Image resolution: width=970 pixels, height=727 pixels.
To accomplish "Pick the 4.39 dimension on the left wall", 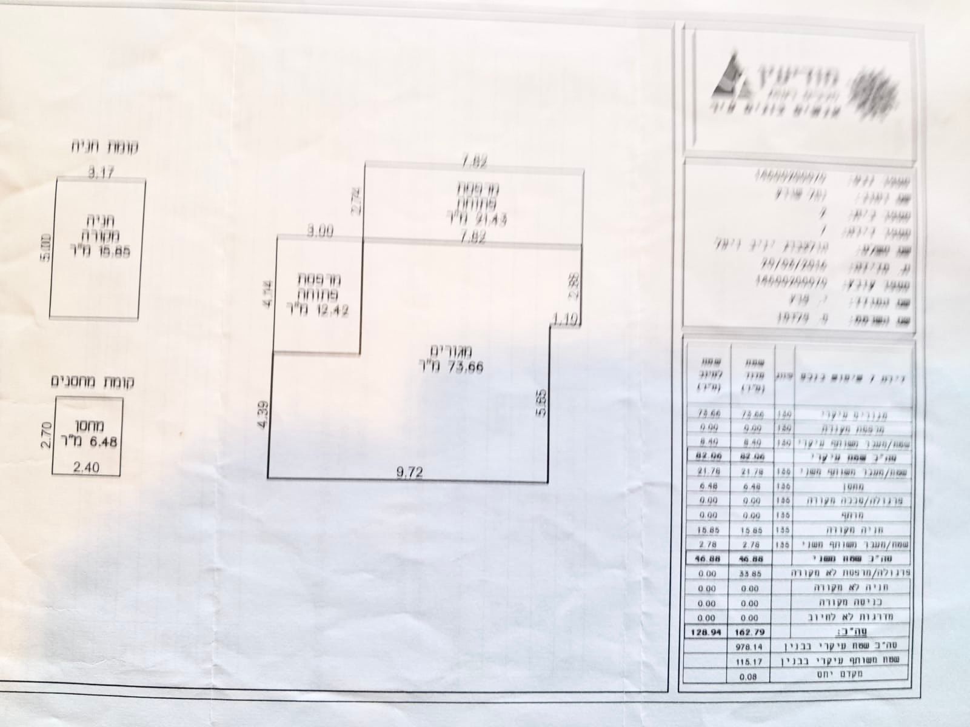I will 261,414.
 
